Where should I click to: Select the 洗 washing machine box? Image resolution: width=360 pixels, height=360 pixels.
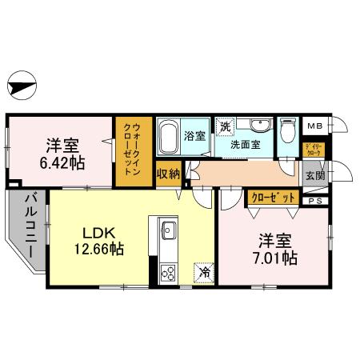point(226,126)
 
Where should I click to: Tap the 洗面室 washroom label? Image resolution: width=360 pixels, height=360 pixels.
point(246,146)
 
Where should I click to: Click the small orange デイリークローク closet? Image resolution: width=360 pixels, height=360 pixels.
point(313,149)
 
